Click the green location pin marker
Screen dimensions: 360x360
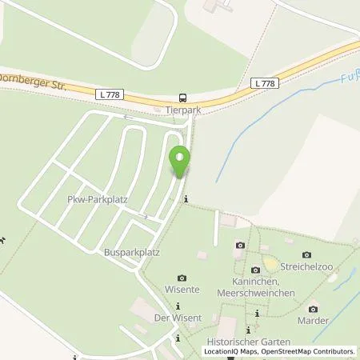click(x=181, y=162)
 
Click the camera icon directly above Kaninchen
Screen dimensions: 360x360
click(x=255, y=270)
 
